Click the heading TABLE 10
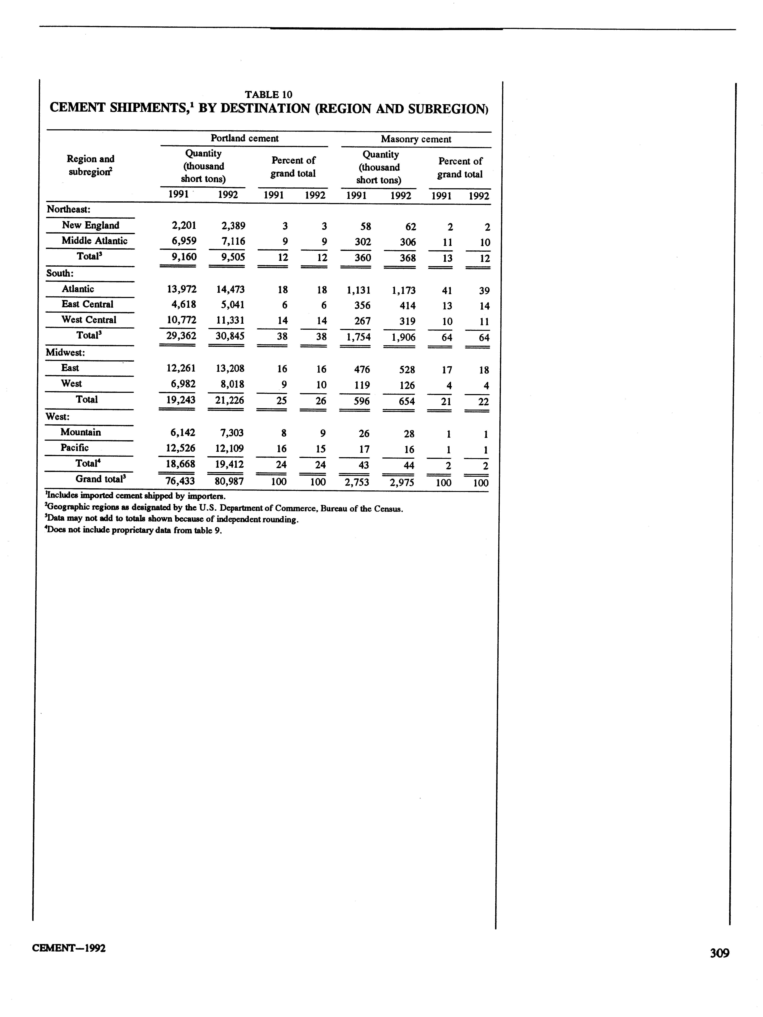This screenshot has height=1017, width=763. [269, 95]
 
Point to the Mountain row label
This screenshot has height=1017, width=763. [81, 432]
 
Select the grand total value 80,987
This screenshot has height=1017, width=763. [229, 481]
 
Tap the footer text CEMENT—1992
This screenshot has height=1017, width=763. [69, 949]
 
